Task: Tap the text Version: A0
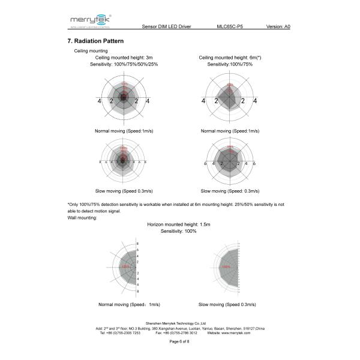(x=278, y=27)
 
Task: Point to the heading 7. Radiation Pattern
(x=96, y=41)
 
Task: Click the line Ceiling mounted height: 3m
(x=124, y=58)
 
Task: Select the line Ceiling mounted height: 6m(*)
(x=230, y=58)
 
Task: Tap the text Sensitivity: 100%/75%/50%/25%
(x=124, y=64)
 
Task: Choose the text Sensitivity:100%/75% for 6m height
(x=230, y=64)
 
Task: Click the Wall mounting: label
(x=82, y=217)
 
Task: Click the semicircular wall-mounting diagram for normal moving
(x=123, y=268)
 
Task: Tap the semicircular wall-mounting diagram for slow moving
(x=226, y=268)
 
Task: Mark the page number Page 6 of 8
(x=179, y=341)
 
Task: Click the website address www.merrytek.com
(x=236, y=333)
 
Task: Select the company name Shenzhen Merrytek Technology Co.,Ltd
(x=179, y=323)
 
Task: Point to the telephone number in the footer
(x=120, y=333)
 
